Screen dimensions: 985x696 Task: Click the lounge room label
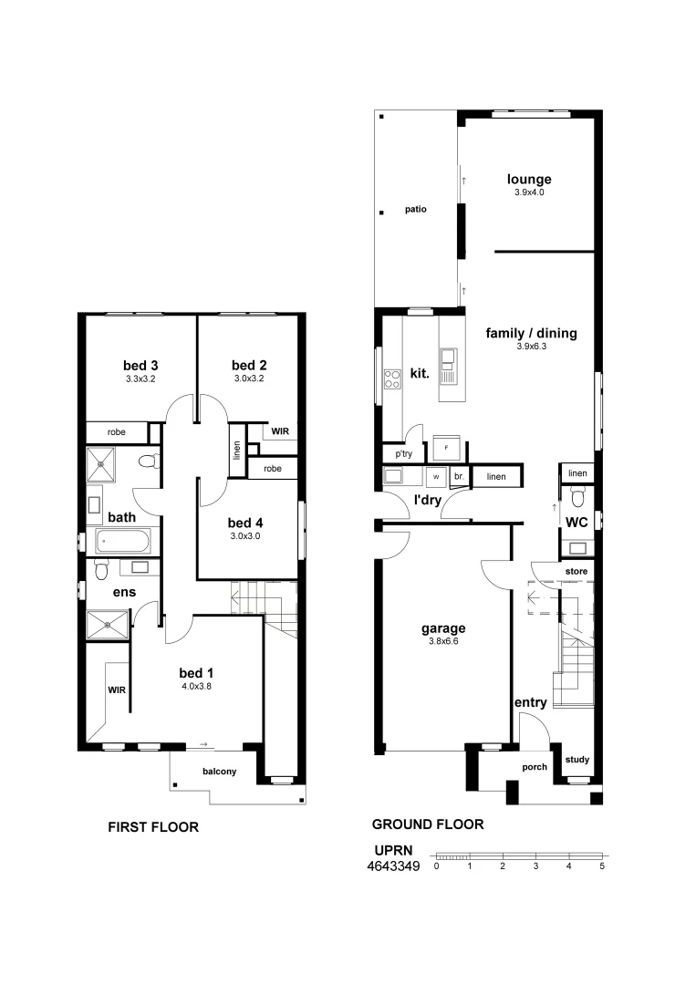(530, 180)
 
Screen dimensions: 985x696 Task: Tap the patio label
(416, 209)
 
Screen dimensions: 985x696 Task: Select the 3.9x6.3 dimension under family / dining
(531, 347)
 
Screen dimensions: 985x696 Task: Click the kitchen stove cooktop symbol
(393, 378)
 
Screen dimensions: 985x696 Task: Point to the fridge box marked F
(446, 448)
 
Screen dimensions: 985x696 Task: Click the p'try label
(403, 453)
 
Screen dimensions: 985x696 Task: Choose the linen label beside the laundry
(496, 476)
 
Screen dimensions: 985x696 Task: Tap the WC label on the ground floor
(576, 523)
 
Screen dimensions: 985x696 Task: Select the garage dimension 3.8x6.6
(443, 641)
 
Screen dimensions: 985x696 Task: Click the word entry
(530, 702)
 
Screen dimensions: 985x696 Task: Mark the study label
(577, 760)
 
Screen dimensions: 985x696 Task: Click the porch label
(535, 767)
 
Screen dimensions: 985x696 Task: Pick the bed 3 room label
(141, 366)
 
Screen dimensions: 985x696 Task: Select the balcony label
(219, 772)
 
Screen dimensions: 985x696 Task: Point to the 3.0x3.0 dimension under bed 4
(245, 536)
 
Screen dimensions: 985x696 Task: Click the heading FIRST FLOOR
(153, 828)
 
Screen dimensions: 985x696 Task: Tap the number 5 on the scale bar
(602, 866)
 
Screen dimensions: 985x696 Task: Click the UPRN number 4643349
(392, 866)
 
